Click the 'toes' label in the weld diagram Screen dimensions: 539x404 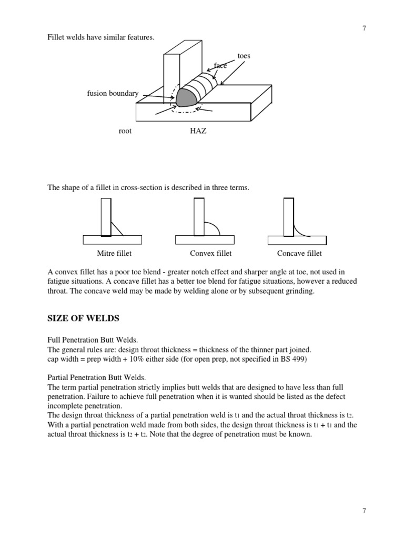point(244,55)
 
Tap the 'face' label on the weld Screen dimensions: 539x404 point(220,66)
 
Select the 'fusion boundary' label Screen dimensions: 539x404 point(113,94)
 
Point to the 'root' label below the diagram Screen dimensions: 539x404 point(125,131)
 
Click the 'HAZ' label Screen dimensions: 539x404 point(198,131)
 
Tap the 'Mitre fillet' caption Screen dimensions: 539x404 point(114,253)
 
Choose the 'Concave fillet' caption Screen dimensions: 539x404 point(299,253)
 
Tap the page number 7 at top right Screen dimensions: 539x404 point(364,28)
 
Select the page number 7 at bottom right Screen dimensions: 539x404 point(364,510)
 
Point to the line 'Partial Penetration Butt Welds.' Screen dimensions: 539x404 point(96,377)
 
